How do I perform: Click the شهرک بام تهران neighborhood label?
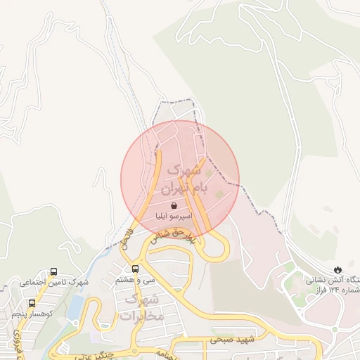point(181,180)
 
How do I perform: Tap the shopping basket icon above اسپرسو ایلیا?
point(174,206)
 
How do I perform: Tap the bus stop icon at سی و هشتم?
point(135,268)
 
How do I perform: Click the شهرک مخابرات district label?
point(142,308)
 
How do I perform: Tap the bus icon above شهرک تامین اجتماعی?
point(54,271)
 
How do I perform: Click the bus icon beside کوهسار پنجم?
point(32,303)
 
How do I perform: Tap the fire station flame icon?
point(339,269)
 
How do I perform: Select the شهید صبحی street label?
point(228,340)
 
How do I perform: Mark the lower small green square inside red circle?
point(217,193)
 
